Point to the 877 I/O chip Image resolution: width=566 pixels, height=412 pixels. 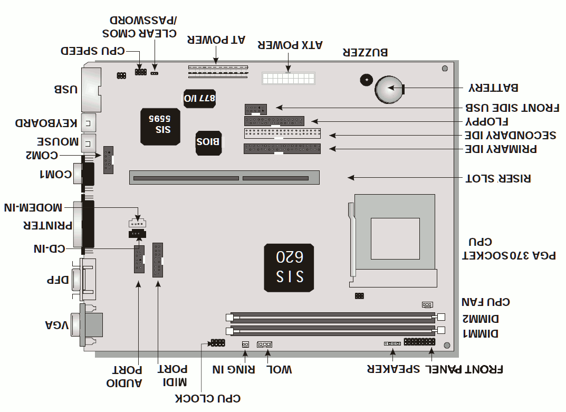pos(199,98)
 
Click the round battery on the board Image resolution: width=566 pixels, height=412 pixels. pos(389,89)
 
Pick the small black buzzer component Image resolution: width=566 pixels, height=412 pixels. pos(364,80)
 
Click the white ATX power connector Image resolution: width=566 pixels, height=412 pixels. pos(288,80)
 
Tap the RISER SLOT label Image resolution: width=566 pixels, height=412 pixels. pos(498,178)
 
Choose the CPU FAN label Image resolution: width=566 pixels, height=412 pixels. pos(486,302)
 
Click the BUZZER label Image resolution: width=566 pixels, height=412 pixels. pos(366,52)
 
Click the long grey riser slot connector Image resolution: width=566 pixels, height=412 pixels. pos(224,177)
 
